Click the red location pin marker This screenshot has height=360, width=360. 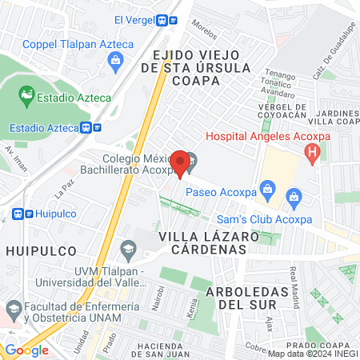(x=181, y=163)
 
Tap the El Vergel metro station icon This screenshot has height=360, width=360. (x=169, y=20)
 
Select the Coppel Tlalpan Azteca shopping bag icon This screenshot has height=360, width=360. (x=117, y=59)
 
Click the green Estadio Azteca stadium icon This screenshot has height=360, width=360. (x=27, y=97)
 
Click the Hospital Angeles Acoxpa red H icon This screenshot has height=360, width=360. (x=313, y=151)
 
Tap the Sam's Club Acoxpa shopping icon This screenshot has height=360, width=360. (x=294, y=196)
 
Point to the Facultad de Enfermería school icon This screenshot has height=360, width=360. (x=14, y=308)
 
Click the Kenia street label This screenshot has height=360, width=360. (x=191, y=307)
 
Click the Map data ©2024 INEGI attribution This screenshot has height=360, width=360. (x=312, y=353)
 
